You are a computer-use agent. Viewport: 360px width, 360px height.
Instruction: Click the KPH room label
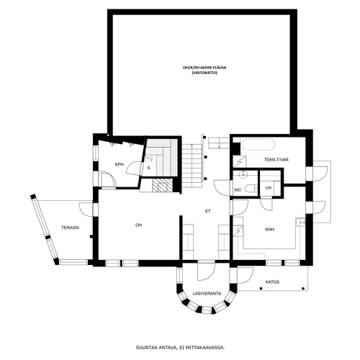tap(120, 165)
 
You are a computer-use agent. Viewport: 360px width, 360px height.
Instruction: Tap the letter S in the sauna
tap(148, 168)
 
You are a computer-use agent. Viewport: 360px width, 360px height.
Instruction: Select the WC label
tap(238, 190)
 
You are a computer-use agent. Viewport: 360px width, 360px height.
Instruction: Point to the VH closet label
tap(269, 188)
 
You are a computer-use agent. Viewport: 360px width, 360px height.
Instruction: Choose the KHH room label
tap(269, 230)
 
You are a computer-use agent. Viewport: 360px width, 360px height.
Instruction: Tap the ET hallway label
tap(208, 211)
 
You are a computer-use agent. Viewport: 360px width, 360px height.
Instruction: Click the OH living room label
tap(139, 225)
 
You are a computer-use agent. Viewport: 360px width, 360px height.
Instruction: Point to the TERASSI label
tap(70, 228)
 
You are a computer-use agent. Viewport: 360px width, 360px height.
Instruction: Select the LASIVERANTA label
tap(207, 294)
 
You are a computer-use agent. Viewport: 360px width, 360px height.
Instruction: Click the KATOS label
tap(272, 282)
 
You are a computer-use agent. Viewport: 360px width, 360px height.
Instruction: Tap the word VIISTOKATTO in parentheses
tap(204, 73)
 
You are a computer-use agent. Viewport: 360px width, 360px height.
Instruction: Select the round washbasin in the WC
tap(243, 174)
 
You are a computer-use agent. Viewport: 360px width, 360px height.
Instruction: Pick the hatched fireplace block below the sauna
tap(163, 186)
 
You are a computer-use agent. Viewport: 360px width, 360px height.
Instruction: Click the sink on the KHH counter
tap(301, 222)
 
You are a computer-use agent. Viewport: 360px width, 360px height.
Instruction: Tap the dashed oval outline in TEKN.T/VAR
tap(258, 145)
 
